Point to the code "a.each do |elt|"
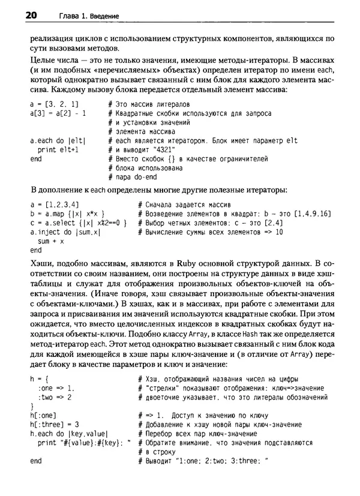[x=58, y=140]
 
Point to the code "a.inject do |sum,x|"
[x=65, y=232]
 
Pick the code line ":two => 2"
[x=55, y=397]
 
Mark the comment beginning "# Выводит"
[x=202, y=461]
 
